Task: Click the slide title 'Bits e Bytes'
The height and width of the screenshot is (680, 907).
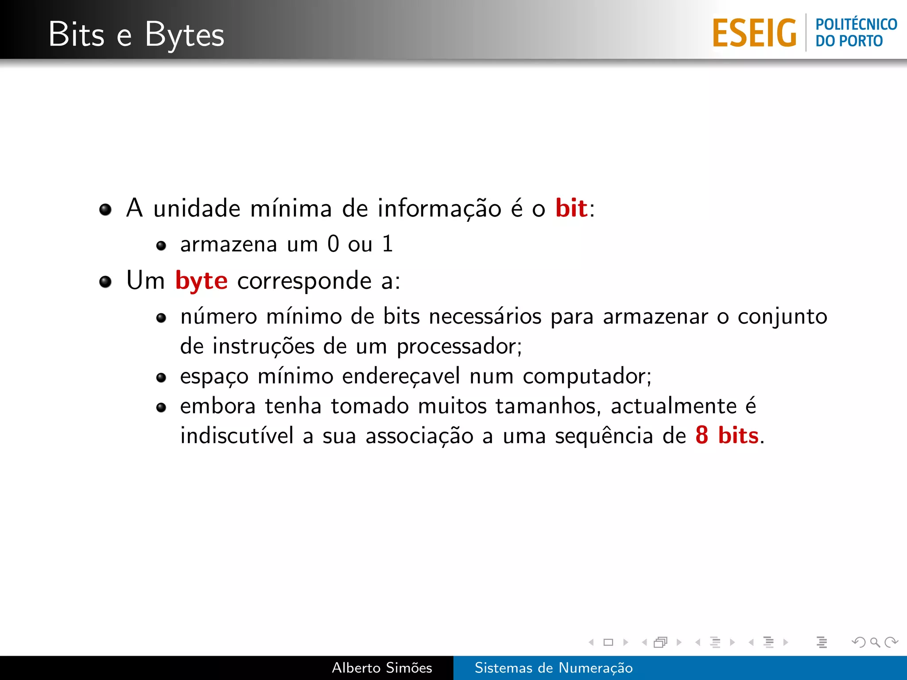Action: [136, 35]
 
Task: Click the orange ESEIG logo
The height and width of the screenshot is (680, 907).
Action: [754, 33]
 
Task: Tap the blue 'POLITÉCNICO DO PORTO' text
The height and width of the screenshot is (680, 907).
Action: [856, 32]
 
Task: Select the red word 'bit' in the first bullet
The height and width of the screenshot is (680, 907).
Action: [571, 208]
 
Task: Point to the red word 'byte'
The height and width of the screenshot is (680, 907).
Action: [202, 281]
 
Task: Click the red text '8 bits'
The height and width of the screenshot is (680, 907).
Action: [727, 435]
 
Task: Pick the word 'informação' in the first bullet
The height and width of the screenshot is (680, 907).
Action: [439, 209]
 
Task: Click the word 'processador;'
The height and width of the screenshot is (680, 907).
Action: [459, 347]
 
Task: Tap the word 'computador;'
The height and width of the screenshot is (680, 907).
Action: [587, 377]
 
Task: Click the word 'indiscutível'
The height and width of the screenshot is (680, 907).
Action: [237, 436]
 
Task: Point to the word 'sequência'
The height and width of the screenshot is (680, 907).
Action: [604, 436]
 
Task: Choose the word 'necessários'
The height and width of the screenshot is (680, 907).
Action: [485, 317]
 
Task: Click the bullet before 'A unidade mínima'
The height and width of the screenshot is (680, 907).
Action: [105, 209]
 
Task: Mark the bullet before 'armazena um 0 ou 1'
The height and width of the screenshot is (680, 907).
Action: [161, 246]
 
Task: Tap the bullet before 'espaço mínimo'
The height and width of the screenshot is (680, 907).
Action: [161, 378]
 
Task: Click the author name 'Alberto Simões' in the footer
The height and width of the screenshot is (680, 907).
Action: [382, 668]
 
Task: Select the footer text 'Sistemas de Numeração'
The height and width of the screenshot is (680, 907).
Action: [554, 668]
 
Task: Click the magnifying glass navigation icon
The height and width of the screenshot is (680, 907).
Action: [875, 642]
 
